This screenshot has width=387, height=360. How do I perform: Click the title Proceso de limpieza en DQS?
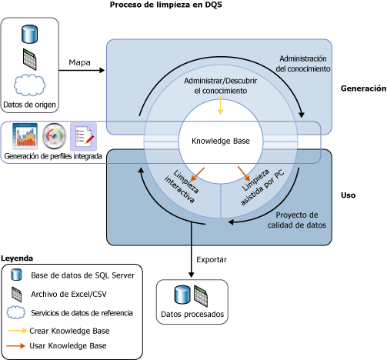(x=166, y=5)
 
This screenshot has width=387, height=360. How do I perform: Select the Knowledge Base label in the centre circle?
(x=221, y=141)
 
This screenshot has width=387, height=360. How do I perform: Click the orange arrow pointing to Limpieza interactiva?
(x=198, y=175)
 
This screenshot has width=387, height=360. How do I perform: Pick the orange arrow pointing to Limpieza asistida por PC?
(x=244, y=174)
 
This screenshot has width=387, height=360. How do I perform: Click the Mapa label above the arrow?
(x=79, y=62)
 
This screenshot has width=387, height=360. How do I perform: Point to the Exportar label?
(x=212, y=260)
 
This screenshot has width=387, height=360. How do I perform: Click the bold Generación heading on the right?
(x=363, y=88)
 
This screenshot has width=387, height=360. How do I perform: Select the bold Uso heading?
(x=348, y=195)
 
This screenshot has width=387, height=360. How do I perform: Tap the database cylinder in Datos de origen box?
(x=29, y=34)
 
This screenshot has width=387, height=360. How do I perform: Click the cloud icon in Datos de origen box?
(x=29, y=85)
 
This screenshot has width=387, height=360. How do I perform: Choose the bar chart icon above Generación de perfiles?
(x=25, y=136)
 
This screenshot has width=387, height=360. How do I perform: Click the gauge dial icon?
(x=54, y=136)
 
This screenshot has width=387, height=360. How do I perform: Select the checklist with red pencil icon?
(x=84, y=136)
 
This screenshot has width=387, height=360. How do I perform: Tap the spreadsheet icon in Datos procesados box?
(x=201, y=296)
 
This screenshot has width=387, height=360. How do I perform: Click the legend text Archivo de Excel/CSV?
(x=68, y=294)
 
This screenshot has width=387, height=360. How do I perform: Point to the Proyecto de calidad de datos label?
(x=297, y=220)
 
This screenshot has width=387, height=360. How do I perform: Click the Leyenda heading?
(x=17, y=258)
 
